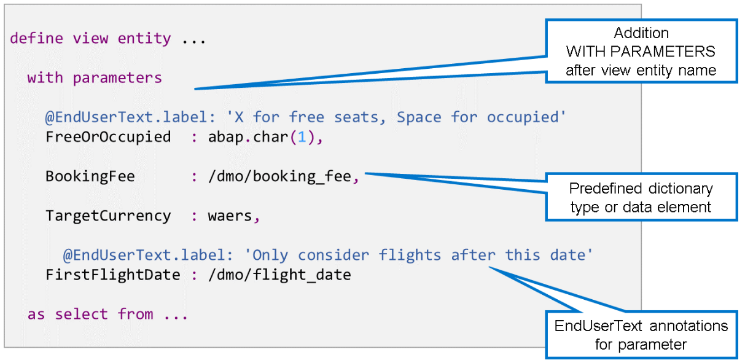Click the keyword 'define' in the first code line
[x=36, y=39]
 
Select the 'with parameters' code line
[x=95, y=78]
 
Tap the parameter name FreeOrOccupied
[x=108, y=137]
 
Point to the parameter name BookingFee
[x=90, y=177]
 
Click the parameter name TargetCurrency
[x=108, y=216]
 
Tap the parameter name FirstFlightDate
[x=112, y=275]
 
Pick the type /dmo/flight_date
[x=279, y=275]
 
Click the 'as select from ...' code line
[x=107, y=315]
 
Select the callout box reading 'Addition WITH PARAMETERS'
[x=641, y=52]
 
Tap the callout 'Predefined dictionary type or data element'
[x=641, y=198]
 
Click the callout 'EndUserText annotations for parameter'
[x=641, y=335]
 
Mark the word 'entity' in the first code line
[x=144, y=39]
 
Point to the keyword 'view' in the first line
[x=90, y=39]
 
